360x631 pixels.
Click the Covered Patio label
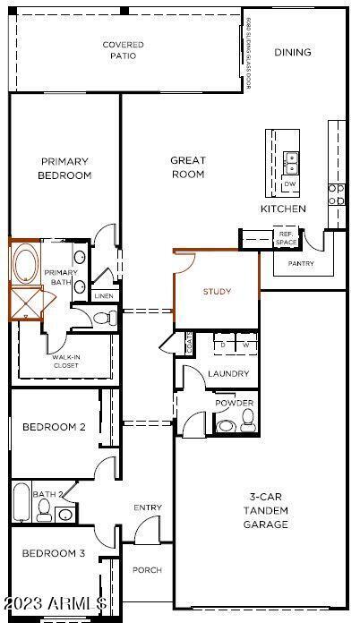123,50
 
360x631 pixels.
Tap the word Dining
293,52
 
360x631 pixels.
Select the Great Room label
188,167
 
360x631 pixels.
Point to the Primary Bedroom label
64,168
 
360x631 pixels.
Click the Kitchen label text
283,209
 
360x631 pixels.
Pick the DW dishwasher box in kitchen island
290,184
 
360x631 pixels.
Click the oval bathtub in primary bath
25,265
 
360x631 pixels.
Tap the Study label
217,292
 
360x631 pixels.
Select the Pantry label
301,264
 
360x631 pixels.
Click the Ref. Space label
286,238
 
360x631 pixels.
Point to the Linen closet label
103,295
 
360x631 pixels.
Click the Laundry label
227,374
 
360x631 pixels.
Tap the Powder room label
234,404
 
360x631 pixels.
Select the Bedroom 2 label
54,427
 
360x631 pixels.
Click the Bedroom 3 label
54,553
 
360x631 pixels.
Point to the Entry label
148,508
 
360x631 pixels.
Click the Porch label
147,570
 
